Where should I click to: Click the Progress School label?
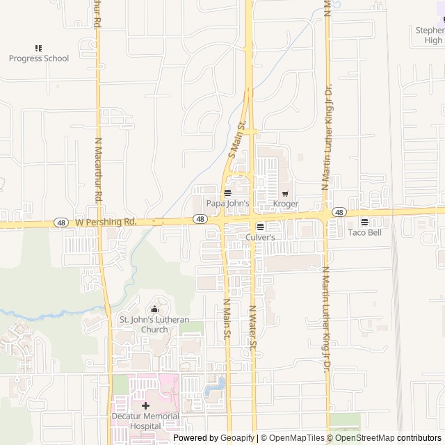(x=39, y=58)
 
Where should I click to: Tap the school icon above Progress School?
(x=38, y=48)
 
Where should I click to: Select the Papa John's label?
(x=227, y=203)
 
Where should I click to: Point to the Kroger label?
(x=286, y=204)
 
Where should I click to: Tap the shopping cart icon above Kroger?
(x=285, y=193)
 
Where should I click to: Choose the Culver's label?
(x=261, y=237)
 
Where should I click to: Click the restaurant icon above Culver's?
(x=260, y=227)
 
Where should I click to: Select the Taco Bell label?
(x=365, y=233)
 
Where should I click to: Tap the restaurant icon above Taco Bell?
(x=364, y=222)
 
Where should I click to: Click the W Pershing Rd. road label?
(x=105, y=222)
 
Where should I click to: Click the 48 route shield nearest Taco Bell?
(x=339, y=211)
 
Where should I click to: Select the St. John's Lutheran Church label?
(x=154, y=325)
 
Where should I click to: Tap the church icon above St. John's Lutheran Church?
(x=154, y=309)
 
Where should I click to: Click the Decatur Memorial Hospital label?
(x=145, y=421)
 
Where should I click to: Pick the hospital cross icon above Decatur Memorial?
(x=145, y=405)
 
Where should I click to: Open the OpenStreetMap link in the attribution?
(x=365, y=438)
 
